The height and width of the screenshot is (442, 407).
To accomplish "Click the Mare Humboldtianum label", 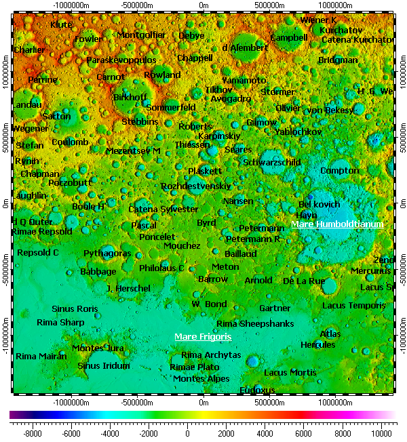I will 337,224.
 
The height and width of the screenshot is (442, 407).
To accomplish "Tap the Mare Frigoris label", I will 203,336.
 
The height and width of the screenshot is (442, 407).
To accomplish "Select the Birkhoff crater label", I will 130,98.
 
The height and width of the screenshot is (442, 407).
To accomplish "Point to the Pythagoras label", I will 107,254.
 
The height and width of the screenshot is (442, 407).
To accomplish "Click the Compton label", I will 339,171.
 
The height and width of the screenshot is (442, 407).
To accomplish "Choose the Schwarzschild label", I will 271,163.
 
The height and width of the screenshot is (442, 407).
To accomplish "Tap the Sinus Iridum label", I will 103,366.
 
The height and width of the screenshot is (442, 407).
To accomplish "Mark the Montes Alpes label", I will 201,379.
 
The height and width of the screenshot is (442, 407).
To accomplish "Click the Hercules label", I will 317,345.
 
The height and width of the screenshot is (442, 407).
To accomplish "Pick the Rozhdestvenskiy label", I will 196,186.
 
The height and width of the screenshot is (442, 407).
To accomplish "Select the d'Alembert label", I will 245,48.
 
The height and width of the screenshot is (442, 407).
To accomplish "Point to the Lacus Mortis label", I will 290,373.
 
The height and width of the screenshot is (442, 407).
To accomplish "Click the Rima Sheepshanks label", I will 255,324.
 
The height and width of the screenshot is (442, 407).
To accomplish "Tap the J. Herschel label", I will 128,289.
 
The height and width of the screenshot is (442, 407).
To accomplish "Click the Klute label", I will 62,25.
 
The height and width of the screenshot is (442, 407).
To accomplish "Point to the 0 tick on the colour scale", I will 187,432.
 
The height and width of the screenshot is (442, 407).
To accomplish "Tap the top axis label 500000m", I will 270,5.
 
